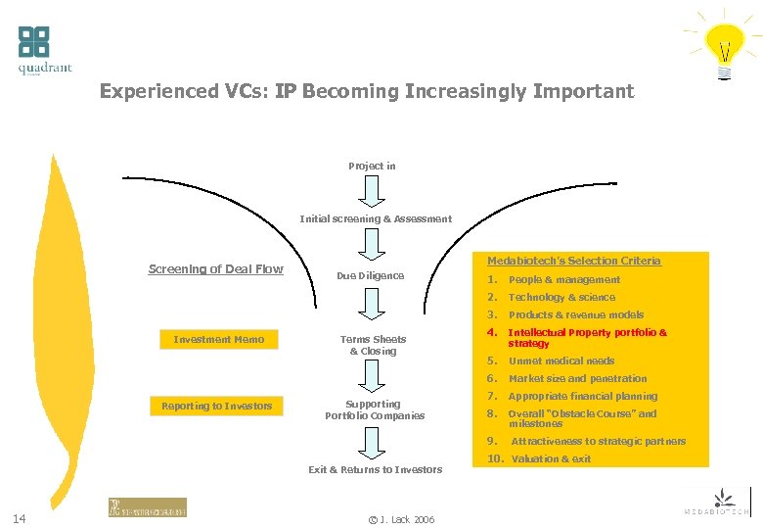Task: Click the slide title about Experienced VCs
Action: click(367, 92)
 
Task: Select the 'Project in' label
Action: click(372, 166)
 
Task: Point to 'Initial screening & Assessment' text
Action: click(376, 219)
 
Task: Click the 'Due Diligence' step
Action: click(370, 276)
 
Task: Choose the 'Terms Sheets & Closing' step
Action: click(373, 345)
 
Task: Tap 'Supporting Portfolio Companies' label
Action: click(375, 409)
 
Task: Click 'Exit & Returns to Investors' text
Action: click(375, 470)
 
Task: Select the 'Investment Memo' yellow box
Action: click(219, 340)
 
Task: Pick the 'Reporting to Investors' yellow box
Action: click(216, 406)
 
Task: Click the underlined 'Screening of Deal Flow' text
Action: click(215, 269)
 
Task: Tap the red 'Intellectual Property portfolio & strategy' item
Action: click(587, 338)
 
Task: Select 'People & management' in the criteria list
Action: click(563, 280)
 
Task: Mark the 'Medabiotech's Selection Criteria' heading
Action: click(573, 261)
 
